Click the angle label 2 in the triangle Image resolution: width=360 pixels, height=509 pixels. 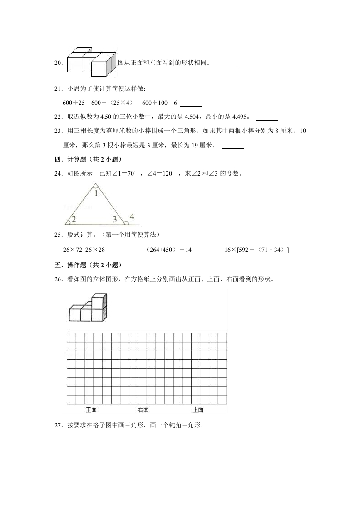pos(73,219)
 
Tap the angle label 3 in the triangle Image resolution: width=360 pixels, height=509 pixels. pos(115,220)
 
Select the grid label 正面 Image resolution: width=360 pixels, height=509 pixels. pos(91,410)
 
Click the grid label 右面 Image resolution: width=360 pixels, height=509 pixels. pos(143,410)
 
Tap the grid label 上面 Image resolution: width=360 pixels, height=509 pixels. pos(198,410)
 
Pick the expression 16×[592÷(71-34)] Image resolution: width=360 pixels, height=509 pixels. pos(257,250)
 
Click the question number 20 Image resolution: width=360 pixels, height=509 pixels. pos(58,63)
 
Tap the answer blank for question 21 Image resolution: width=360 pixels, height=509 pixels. pos(191,103)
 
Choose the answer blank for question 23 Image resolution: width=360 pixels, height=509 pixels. pos(232,146)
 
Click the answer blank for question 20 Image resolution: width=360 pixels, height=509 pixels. pos(227,64)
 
